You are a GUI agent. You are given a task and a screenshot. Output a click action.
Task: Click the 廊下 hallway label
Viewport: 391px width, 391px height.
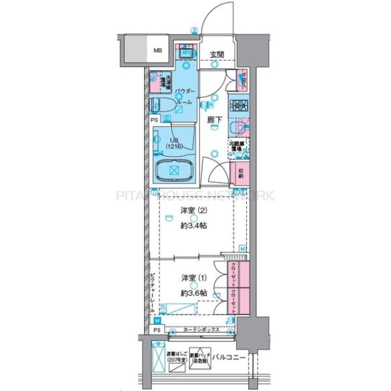click(215, 120)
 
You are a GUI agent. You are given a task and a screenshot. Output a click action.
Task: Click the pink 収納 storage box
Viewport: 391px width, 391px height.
click(239, 173)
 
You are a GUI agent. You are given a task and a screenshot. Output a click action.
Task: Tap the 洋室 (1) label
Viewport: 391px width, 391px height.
click(190, 279)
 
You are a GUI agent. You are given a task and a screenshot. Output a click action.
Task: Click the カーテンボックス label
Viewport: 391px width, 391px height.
click(201, 331)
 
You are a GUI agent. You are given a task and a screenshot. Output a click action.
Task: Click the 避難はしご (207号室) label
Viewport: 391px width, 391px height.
click(177, 358)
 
